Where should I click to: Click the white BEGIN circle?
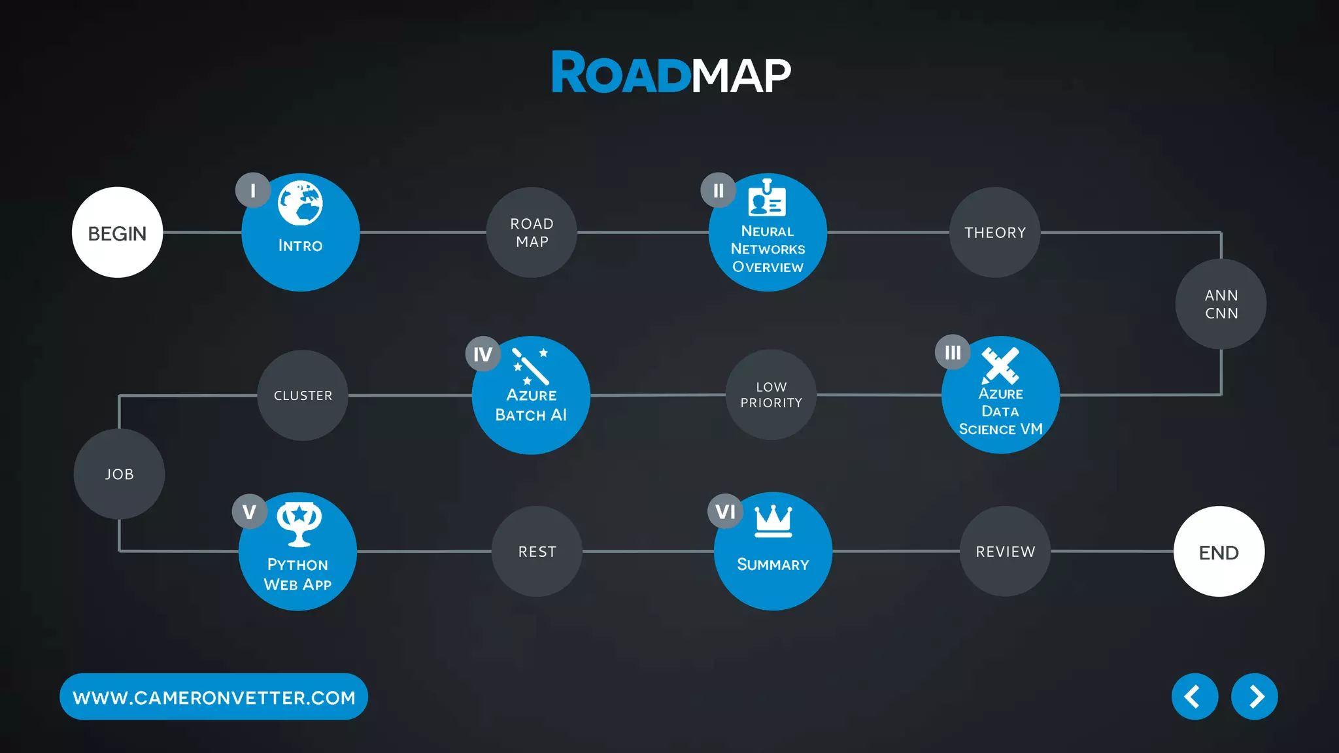[x=117, y=233]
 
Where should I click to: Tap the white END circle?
[x=1219, y=552]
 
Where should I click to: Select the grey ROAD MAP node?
[x=532, y=233]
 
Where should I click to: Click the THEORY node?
[x=994, y=233]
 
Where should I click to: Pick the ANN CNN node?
[x=1221, y=304]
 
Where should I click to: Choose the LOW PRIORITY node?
[x=771, y=395]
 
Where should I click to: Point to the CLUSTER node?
[x=303, y=395]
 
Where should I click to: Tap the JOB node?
[x=119, y=474]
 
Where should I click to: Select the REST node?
[x=537, y=552]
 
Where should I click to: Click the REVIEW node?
[x=1005, y=552]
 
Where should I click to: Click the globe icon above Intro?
[x=300, y=203]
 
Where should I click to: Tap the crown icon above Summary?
[x=773, y=522]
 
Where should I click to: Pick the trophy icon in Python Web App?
[x=299, y=524]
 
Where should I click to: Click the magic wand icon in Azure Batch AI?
[x=530, y=366]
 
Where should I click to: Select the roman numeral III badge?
[x=953, y=353]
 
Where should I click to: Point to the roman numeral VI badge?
[x=725, y=512]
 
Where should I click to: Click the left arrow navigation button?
[x=1195, y=697]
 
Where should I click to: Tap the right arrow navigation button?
[x=1254, y=697]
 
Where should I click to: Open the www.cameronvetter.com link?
[x=214, y=697]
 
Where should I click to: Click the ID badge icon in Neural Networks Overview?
[x=767, y=198]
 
